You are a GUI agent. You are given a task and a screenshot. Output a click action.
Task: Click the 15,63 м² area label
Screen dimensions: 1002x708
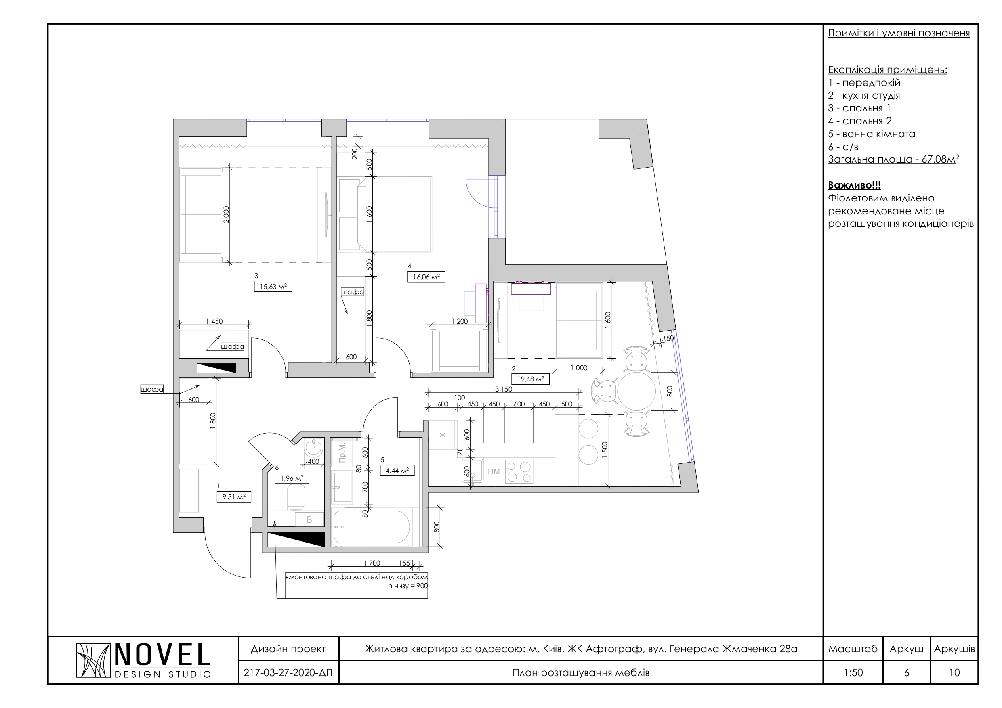pos(273,287)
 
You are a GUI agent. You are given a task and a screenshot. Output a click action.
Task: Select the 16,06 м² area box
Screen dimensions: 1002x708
pos(426,276)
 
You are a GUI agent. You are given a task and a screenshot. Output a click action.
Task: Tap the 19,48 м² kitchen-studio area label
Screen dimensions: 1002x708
pos(530,379)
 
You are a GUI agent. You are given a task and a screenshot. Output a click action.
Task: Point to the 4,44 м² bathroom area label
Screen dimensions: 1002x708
pos(397,471)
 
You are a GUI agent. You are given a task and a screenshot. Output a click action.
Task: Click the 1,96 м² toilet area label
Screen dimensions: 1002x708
pos(292,478)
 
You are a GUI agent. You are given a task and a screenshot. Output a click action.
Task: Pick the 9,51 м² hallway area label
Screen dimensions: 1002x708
pos(234,496)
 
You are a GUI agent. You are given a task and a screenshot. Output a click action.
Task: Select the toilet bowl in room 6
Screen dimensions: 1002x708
pos(296,497)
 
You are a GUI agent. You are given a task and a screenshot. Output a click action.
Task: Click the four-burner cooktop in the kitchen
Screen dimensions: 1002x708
pos(519,472)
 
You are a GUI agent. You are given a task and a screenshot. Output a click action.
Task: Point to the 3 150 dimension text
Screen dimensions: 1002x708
pos(504,389)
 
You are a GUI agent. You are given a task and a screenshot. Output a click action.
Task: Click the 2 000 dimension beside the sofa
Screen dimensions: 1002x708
pos(226,215)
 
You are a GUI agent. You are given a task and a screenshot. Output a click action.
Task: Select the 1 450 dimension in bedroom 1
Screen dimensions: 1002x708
pos(214,321)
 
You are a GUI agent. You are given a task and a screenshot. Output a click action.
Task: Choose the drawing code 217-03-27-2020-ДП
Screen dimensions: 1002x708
pos(288,672)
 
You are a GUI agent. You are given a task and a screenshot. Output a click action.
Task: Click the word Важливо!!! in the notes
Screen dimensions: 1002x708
pos(854,185)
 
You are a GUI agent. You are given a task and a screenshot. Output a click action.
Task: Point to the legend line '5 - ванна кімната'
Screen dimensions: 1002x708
pos(871,134)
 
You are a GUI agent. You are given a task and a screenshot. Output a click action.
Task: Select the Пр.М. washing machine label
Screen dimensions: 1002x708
pos(342,452)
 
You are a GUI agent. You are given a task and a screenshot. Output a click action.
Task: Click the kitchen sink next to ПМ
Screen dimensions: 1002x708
pos(473,471)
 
